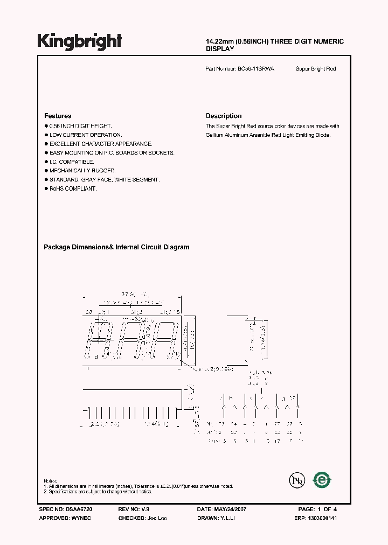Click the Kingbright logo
coord(80,41)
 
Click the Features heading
coord(58,116)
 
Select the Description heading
coord(224,116)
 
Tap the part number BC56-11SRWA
coord(255,69)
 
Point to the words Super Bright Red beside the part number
coord(316,69)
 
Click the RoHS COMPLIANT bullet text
coord(73,188)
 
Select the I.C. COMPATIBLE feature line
coord(72,162)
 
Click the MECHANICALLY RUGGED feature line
coord(82,170)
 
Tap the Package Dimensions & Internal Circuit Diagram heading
coord(116,247)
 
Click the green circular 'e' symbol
coord(322,479)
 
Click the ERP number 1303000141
coord(322,518)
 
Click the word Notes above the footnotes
coord(50,480)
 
